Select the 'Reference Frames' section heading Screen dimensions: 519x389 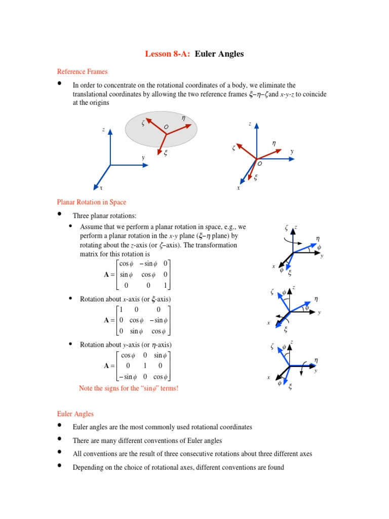pos(82,71)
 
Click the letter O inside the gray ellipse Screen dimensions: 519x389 pos(166,126)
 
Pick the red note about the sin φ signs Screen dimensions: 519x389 pos(129,388)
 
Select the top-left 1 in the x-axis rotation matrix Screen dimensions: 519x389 pos(122,309)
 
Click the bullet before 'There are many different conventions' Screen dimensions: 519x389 pos(60,439)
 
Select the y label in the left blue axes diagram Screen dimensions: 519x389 pos(143,158)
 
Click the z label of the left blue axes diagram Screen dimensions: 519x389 pos(103,130)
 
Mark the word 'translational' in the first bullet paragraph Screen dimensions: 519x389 pos(91,94)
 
